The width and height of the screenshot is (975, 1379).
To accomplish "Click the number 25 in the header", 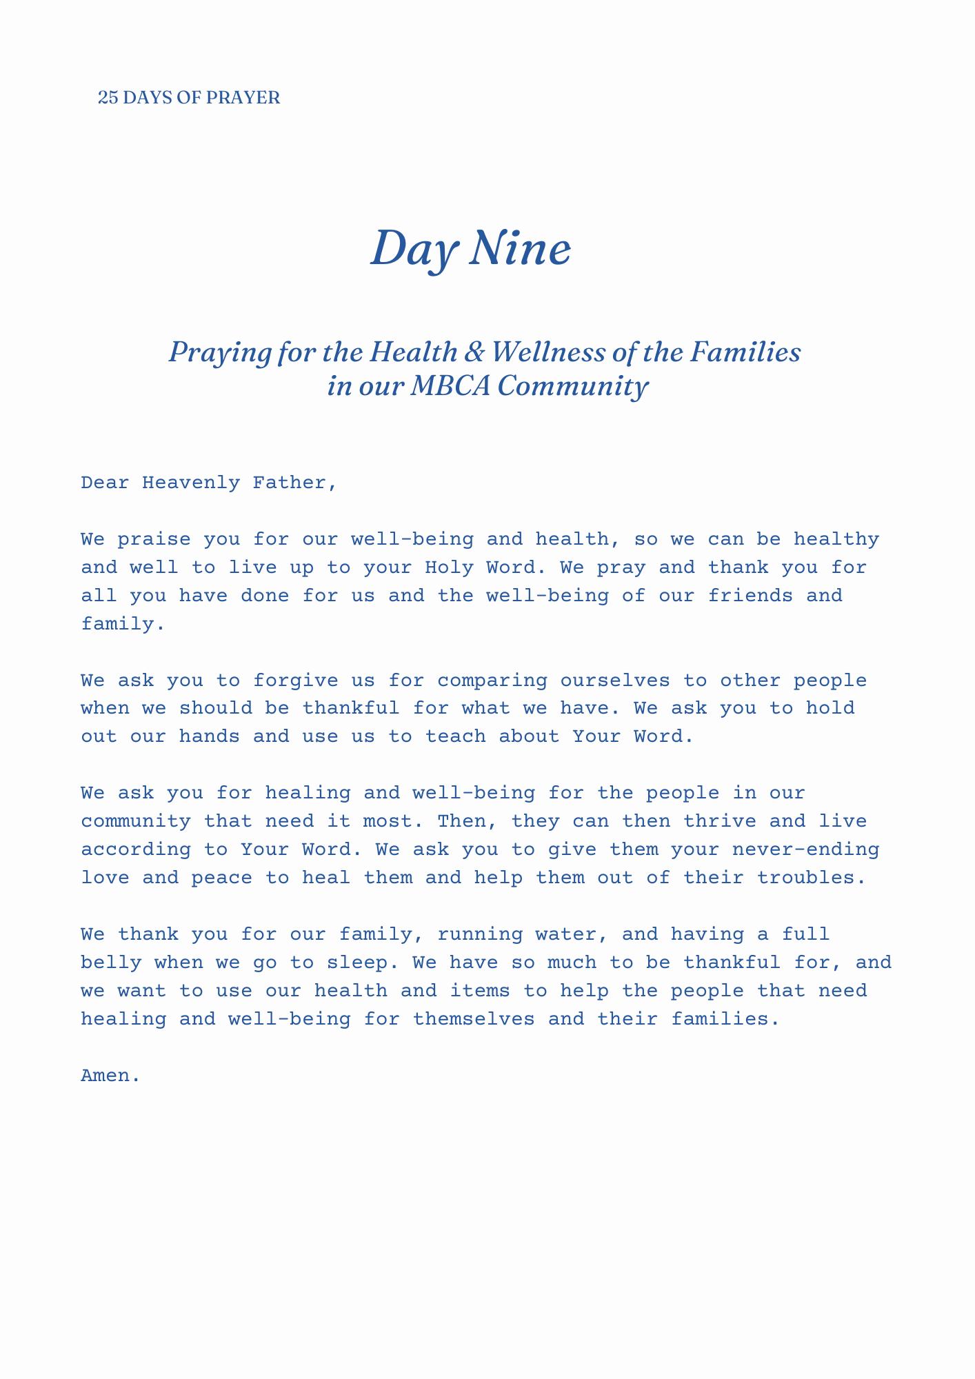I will pos(108,98).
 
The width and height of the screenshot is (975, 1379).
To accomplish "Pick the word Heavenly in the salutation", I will pos(191,483).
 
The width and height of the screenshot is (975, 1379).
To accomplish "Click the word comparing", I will pos(492,681).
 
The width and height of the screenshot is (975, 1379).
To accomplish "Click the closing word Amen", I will pos(110,1076).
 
